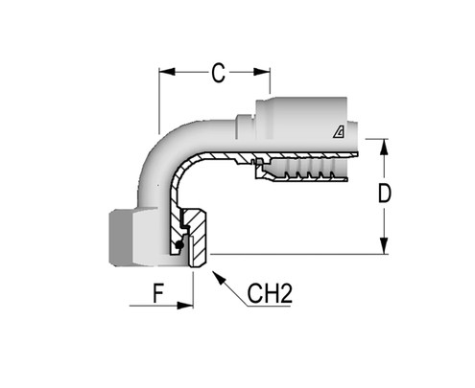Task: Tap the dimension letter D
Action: click(385, 194)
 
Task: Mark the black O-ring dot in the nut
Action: click(179, 247)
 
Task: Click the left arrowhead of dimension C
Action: click(166, 72)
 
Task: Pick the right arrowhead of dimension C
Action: click(266, 72)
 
